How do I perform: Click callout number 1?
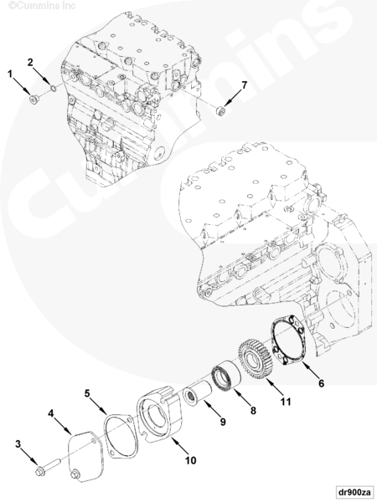[10, 74]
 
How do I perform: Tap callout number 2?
[30, 62]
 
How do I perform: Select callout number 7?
[245, 85]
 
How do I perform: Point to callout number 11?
[286, 401]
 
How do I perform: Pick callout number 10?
[190, 460]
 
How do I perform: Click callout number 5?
[87, 393]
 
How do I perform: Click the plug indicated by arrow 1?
[34, 100]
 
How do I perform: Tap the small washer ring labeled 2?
[54, 88]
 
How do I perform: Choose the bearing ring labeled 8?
[225, 376]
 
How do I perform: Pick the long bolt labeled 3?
[48, 466]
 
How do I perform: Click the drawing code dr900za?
[354, 491]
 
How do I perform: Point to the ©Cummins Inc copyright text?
[42, 6]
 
